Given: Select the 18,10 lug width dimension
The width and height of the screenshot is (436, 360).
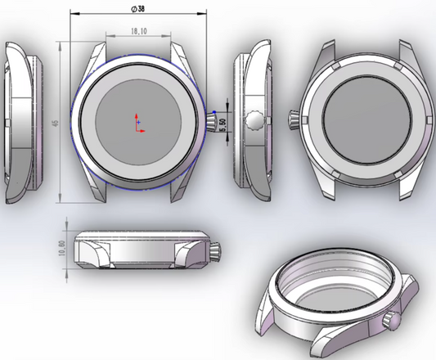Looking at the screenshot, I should click(138, 31).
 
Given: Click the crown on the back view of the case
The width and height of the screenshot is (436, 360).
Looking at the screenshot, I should click(293, 119).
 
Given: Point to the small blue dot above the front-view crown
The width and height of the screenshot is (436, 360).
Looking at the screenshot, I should click(214, 112).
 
